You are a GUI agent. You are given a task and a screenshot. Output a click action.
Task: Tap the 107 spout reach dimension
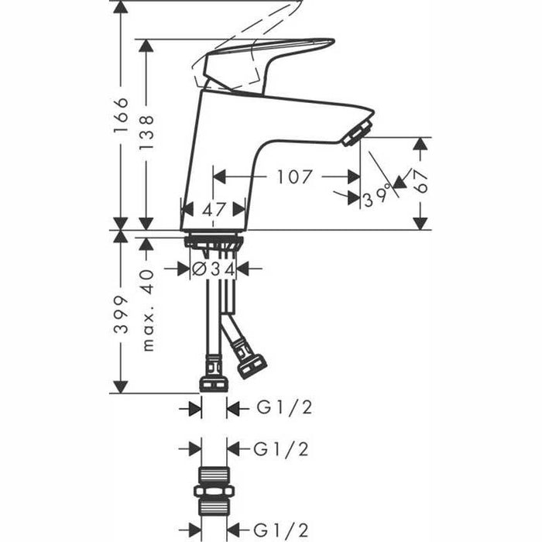click(293, 177)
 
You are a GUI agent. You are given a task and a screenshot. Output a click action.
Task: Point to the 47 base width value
click(213, 208)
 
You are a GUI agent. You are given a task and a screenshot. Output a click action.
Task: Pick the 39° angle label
click(377, 199)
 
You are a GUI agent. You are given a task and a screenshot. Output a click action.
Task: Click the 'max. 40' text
click(148, 310)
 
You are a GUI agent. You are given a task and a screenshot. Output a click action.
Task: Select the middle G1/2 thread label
click(275, 448)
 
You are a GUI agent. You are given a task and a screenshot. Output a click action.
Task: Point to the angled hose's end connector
click(252, 365)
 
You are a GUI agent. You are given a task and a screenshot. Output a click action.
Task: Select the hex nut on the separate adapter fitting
click(213, 492)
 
